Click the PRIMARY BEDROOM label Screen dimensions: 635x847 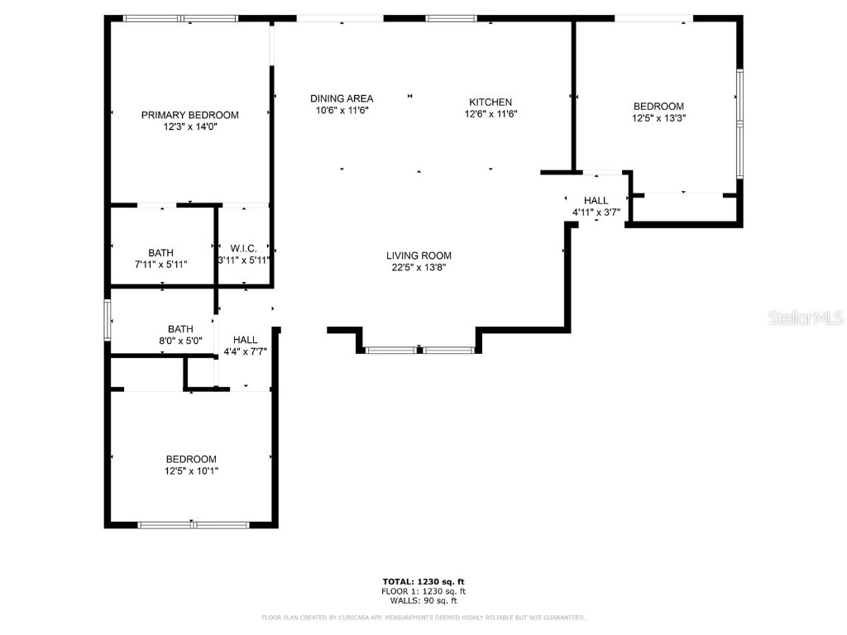click(x=189, y=115)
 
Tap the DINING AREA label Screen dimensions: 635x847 click(x=341, y=98)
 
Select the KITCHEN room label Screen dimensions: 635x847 click(x=490, y=102)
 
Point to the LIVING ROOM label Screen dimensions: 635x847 click(x=419, y=255)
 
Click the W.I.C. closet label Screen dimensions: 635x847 click(x=244, y=248)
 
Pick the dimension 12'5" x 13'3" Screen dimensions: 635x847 click(x=658, y=118)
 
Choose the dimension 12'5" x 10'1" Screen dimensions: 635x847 click(x=191, y=471)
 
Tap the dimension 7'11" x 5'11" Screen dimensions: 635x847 click(x=161, y=265)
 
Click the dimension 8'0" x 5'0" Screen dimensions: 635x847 click(x=180, y=340)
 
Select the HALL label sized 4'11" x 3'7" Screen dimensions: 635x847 click(x=596, y=200)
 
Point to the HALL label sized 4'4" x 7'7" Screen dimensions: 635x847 click(x=245, y=340)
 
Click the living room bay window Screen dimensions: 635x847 click(x=419, y=351)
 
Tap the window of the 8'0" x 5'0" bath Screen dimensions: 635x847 click(x=108, y=319)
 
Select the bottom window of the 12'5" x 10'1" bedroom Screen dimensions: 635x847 click(x=193, y=524)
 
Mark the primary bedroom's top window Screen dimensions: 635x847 click(x=180, y=18)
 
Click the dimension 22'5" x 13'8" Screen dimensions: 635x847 click(x=419, y=267)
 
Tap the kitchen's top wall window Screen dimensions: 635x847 click(x=451, y=18)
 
